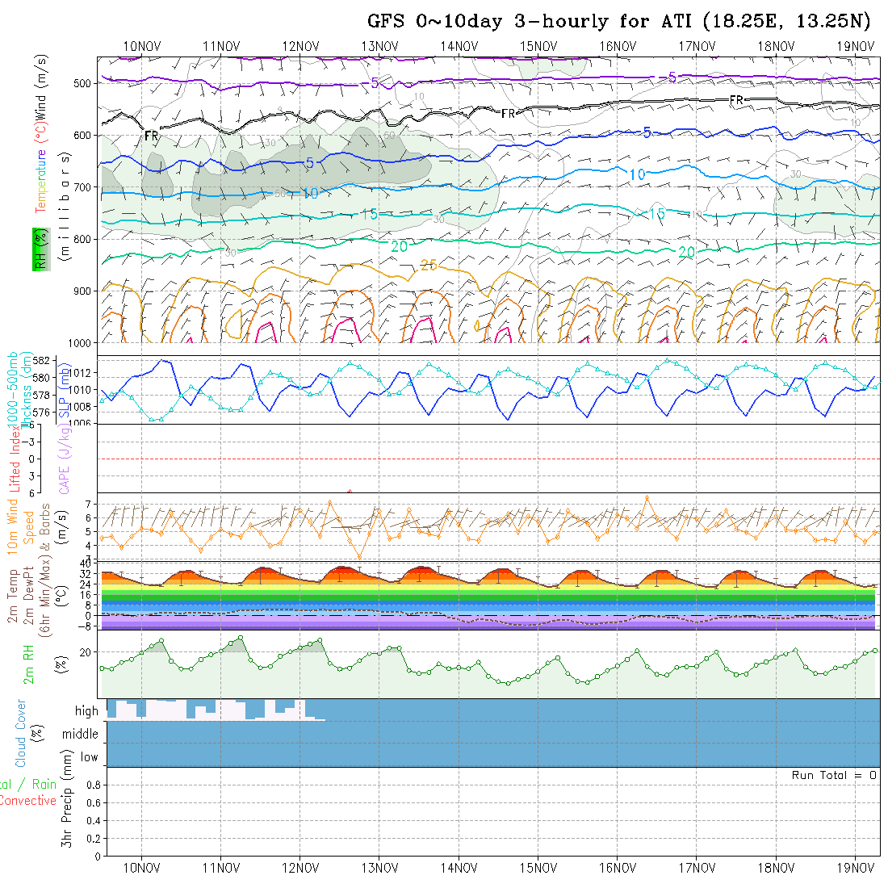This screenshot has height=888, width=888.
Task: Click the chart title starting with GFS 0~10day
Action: (619, 22)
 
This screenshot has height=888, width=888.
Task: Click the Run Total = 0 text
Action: (834, 775)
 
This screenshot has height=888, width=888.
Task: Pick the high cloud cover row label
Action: (86, 711)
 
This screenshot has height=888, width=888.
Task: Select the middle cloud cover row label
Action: (80, 735)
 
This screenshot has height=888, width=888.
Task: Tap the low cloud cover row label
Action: (89, 757)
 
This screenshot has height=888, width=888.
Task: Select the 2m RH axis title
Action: (29, 664)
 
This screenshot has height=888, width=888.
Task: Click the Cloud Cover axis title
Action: (21, 733)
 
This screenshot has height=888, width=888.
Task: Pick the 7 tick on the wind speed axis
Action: (90, 504)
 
